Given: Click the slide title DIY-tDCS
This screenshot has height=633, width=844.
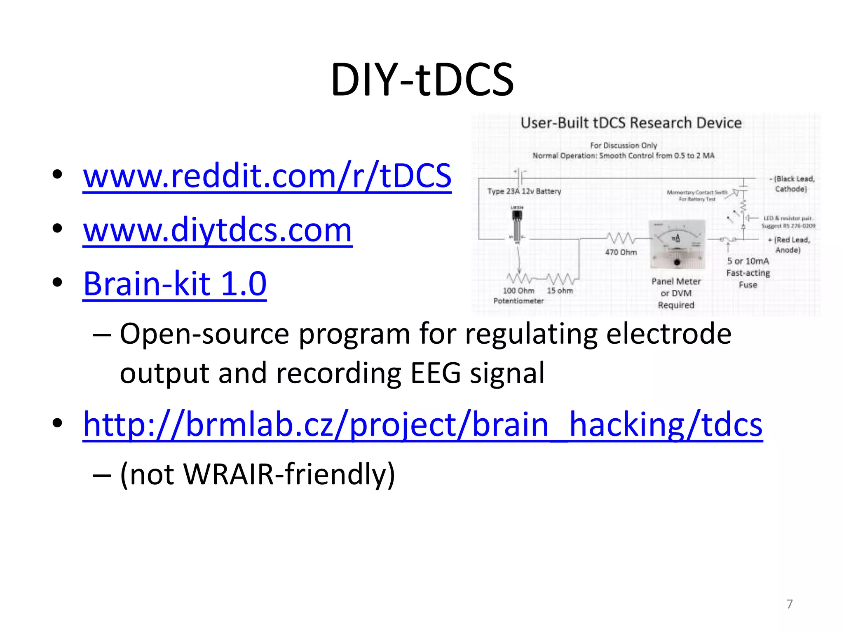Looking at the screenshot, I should (422, 80).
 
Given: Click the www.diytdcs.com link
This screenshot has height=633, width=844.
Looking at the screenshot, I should (217, 230).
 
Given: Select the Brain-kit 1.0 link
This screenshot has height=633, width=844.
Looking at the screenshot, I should (175, 284).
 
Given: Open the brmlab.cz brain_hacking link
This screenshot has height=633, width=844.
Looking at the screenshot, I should (422, 424).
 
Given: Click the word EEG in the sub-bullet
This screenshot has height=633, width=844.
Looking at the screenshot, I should (436, 373).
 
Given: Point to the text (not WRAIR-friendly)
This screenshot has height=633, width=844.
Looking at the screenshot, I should (258, 474).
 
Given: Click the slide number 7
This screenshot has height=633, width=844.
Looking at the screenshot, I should (789, 604).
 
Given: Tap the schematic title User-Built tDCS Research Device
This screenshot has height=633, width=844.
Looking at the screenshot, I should (631, 123).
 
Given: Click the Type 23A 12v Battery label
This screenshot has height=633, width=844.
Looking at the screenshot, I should (524, 191).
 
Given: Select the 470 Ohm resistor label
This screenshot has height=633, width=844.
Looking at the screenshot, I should (621, 252).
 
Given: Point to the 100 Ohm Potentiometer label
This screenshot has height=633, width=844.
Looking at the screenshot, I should (518, 295).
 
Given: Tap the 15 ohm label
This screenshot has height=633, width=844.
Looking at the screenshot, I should (560, 291).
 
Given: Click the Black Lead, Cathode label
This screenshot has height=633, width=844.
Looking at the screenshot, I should (791, 184).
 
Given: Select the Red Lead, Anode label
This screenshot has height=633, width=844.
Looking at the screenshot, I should (789, 245).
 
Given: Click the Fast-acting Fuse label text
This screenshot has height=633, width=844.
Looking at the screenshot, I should (748, 279).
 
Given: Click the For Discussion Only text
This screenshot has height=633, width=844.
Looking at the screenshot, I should (623, 145).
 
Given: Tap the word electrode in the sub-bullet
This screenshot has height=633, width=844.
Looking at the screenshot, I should (668, 334).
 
